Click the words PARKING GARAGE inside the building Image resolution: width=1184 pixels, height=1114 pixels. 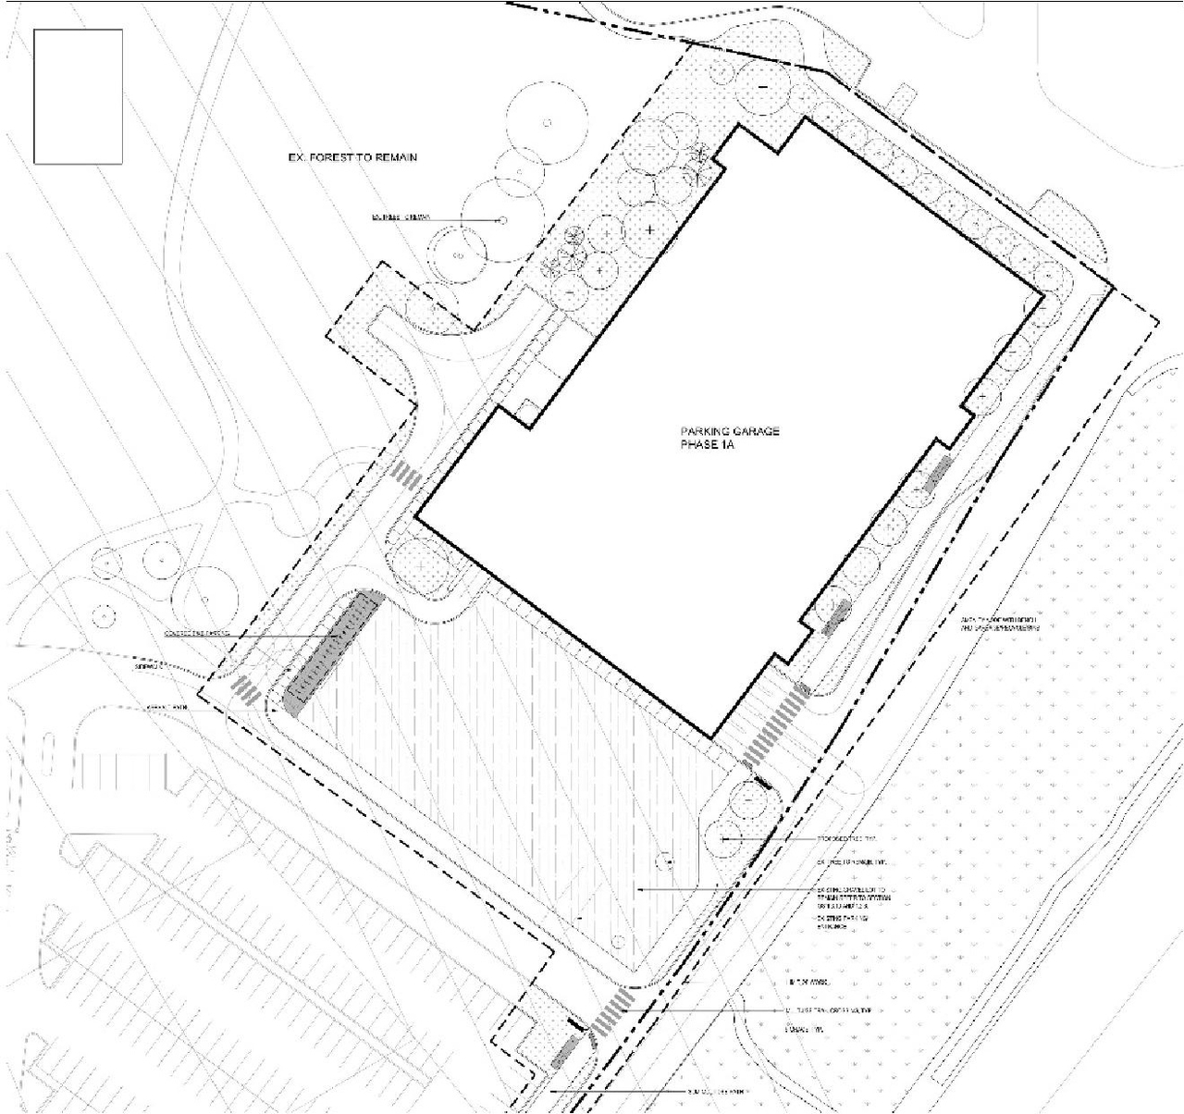[730, 432]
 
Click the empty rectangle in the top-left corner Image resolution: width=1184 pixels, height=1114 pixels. [78, 96]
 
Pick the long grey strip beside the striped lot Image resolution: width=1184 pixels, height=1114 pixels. [333, 652]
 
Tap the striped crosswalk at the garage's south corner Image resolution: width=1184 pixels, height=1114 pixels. [775, 725]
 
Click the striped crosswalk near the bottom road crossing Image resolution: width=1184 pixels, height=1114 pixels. [613, 1010]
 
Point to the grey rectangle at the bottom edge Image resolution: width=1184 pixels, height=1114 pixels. [565, 1052]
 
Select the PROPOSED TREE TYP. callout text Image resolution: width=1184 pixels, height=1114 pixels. [845, 839]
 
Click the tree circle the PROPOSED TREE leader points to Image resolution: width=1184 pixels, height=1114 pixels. [726, 838]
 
